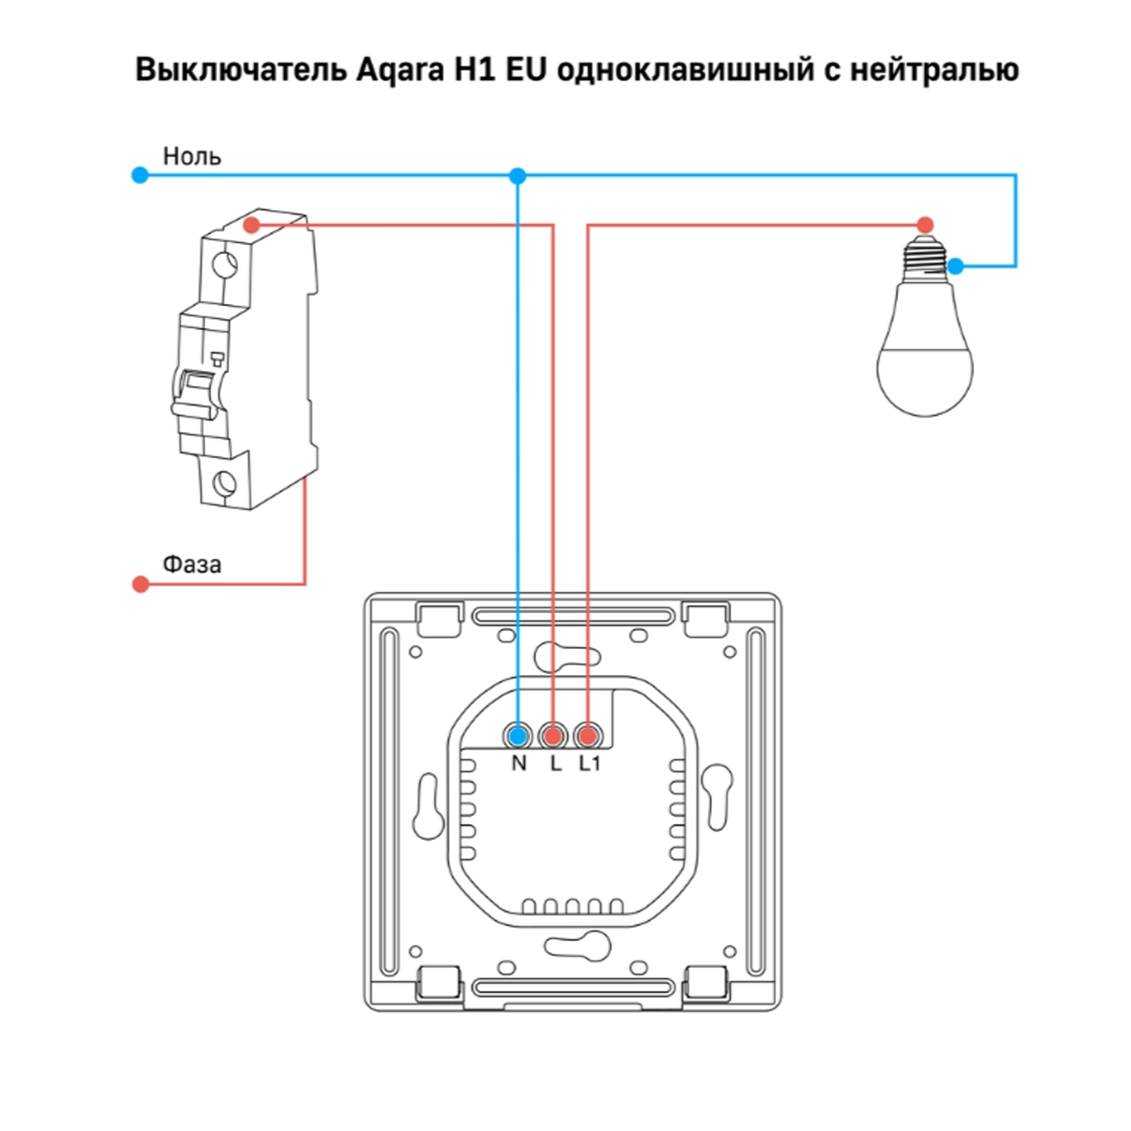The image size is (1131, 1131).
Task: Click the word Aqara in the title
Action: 400,70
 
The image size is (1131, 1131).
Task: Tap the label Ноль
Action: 192,156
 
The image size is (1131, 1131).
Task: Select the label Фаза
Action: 192,564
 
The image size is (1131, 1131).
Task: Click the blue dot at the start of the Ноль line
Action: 140,176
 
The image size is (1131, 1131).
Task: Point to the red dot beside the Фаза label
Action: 141,584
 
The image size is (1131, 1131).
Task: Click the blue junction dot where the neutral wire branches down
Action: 517,176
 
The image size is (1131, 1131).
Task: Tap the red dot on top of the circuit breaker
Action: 252,225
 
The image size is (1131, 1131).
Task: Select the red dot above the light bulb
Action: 925,225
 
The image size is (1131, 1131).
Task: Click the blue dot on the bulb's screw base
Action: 955,266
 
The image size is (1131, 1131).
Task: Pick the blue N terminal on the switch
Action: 518,735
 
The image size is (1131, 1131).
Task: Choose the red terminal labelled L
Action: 553,735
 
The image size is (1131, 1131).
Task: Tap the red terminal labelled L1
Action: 587,735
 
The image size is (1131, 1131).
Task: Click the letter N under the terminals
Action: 519,764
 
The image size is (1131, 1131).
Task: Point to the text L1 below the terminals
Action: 590,764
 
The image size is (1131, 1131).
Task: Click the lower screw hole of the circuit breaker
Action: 224,483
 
